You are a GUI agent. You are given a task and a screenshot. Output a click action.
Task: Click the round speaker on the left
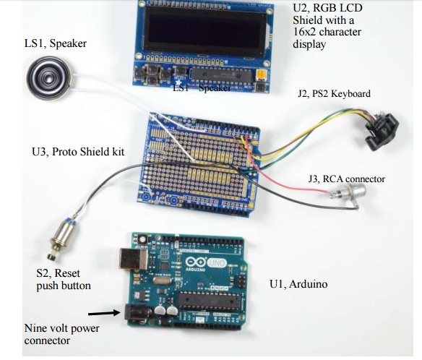point(49,78)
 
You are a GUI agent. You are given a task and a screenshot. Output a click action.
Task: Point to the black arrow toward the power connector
point(104,313)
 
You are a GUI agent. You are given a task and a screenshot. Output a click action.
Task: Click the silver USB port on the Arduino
point(134,259)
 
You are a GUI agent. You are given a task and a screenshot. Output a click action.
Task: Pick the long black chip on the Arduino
point(209,301)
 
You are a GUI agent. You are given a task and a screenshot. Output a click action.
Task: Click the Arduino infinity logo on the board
point(195,262)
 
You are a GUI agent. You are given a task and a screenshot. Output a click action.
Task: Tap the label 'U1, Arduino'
point(298,284)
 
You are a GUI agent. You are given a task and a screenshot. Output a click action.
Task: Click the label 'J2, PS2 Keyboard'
point(334,93)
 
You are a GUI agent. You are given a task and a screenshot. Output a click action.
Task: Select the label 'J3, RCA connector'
point(347,179)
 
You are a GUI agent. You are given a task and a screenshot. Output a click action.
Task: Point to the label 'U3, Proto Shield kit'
point(78,152)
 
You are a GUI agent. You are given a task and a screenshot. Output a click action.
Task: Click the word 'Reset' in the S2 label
point(67,273)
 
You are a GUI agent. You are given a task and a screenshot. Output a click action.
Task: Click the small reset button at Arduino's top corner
point(142,239)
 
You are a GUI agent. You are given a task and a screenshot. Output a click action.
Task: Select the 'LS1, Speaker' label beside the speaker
point(56,43)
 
